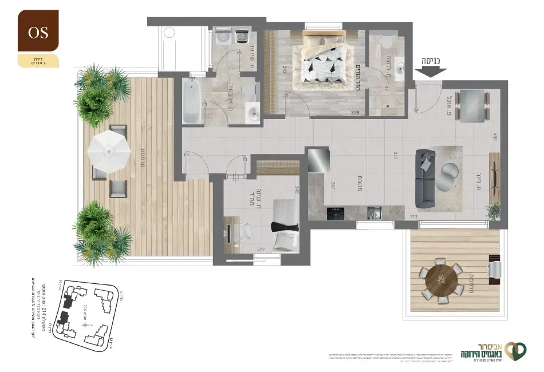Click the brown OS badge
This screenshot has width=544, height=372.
pyautogui.click(x=38, y=32)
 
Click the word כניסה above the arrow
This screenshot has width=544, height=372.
pyautogui.click(x=430, y=60)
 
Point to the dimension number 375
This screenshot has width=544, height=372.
pyautogui.click(x=355, y=113)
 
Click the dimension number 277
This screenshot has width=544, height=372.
pyautogui.click(x=261, y=250)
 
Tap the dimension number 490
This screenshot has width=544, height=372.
pyautogui.click(x=495, y=137)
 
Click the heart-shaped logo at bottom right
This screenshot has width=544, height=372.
pyautogui.click(x=516, y=350)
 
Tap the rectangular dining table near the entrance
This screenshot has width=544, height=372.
pyautogui.click(x=473, y=105)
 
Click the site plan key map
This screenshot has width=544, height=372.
pyautogui.click(x=86, y=315)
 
